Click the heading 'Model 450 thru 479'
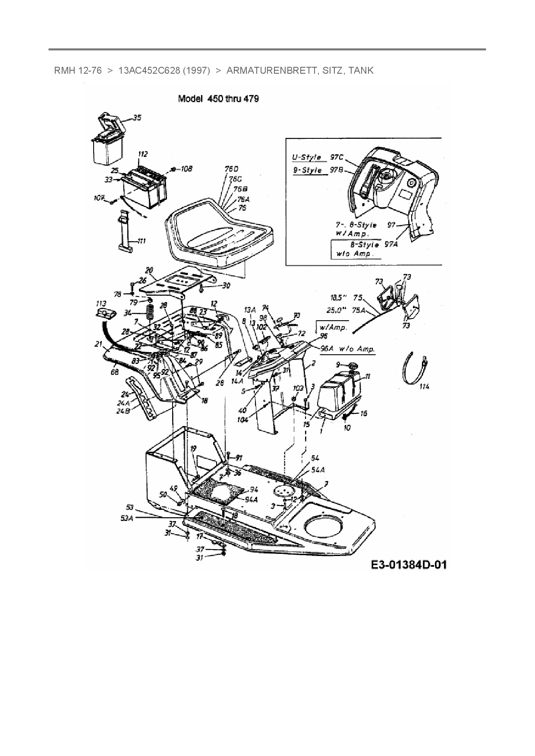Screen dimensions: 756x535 [x=218, y=99]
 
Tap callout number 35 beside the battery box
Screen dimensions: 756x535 [x=137, y=117]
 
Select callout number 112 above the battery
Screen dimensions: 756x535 [x=142, y=154]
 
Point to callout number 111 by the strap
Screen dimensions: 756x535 [x=141, y=241]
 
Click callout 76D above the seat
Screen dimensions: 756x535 [x=231, y=169]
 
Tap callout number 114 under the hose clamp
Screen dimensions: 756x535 [x=424, y=387]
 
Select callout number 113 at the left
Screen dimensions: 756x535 [x=101, y=303]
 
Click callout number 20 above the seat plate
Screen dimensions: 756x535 [x=149, y=270]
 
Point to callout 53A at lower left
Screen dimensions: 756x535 [x=127, y=519]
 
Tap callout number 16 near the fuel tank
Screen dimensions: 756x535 [x=363, y=413]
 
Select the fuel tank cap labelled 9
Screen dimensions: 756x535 [x=353, y=366]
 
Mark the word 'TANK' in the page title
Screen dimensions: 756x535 [x=361, y=70]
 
